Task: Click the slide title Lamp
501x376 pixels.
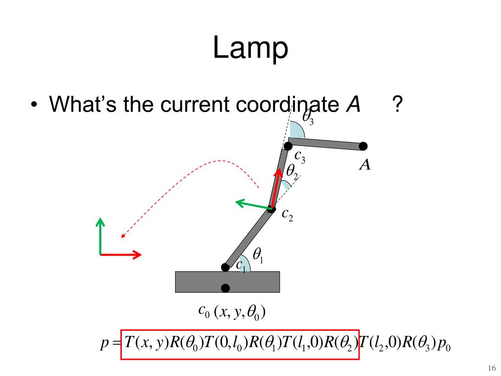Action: [x=250, y=49]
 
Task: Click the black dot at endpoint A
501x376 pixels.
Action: [x=363, y=146]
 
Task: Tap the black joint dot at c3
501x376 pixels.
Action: [x=288, y=146]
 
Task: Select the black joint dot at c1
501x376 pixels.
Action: [x=225, y=267]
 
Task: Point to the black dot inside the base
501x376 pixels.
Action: [x=226, y=288]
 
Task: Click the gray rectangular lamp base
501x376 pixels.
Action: [x=196, y=282]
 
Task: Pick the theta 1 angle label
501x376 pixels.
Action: [x=258, y=255]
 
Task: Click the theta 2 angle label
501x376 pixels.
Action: [x=292, y=171]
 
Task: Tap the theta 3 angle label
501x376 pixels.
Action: [x=308, y=117]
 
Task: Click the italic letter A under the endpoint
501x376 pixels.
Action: [x=364, y=165]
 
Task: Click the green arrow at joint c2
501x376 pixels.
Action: [x=250, y=204]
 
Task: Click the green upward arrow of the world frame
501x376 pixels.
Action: [x=100, y=235]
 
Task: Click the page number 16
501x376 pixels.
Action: [x=492, y=368]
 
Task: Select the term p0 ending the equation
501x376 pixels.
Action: [x=444, y=342]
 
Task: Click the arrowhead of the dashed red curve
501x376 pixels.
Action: [x=123, y=236]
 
